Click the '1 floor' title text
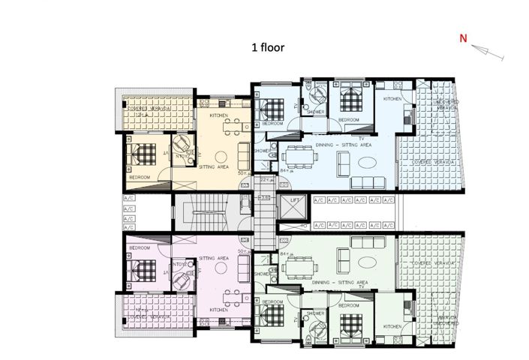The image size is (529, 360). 268,46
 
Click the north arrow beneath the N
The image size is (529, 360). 488,52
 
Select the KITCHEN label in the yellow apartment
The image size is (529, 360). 219,115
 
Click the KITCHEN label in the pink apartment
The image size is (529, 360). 219,309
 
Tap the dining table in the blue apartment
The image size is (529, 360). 301,157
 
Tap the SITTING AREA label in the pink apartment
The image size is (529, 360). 212,256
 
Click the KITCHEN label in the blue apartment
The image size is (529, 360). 393,99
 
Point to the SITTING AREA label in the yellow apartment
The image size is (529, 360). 212,167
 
